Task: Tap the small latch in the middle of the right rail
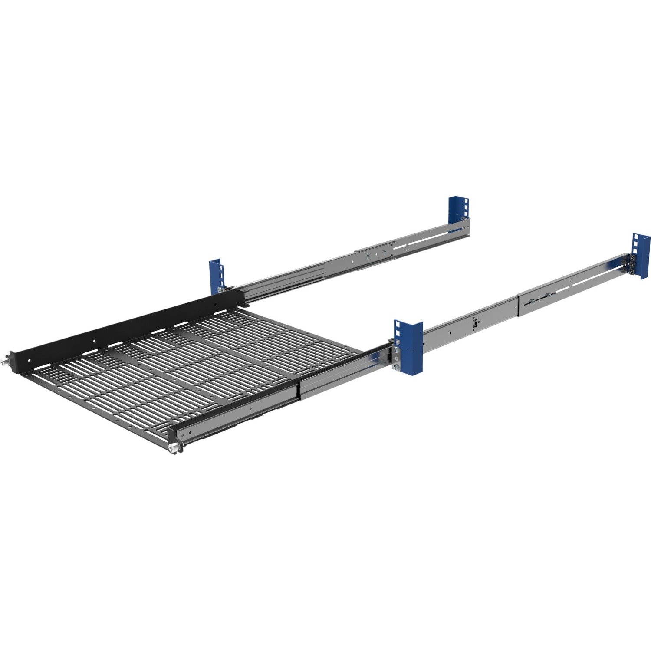click(476, 322)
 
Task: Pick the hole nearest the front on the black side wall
click(29, 360)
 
